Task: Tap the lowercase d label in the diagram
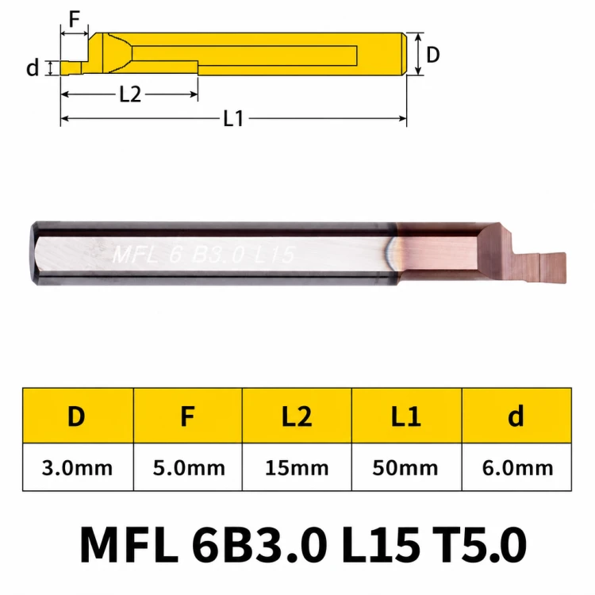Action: (x=33, y=67)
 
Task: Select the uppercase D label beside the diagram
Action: (x=433, y=55)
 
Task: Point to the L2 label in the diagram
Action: (x=130, y=94)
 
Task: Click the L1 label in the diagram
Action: (x=233, y=118)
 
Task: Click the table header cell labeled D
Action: (x=78, y=416)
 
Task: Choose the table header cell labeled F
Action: (x=188, y=416)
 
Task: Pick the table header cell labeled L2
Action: (x=297, y=416)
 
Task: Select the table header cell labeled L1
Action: (x=406, y=416)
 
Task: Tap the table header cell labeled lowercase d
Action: (x=516, y=416)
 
